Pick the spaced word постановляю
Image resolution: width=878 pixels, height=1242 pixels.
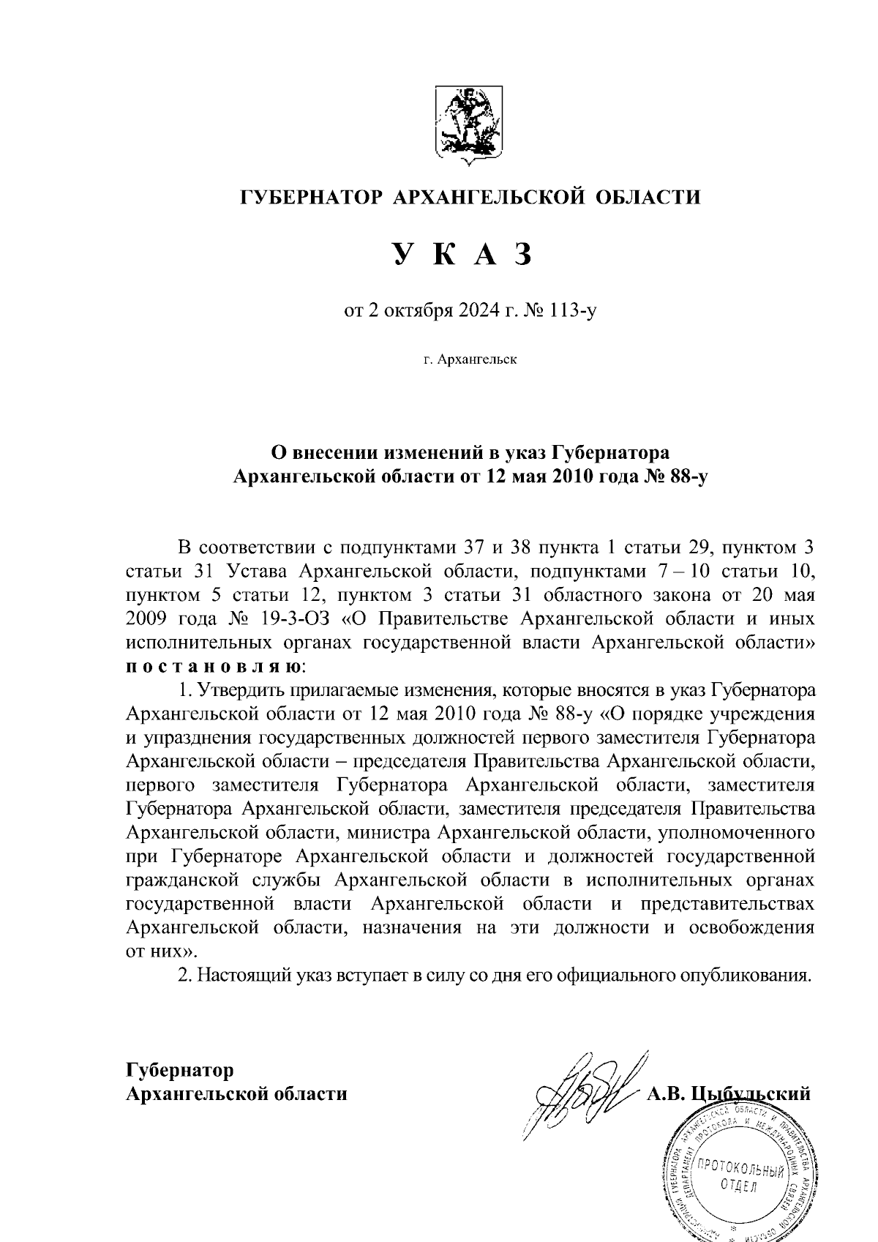pyautogui.click(x=212, y=667)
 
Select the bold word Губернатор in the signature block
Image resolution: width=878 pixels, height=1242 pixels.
pyautogui.click(x=180, y=1070)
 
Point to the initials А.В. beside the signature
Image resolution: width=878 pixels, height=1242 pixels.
pyautogui.click(x=664, y=1094)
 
